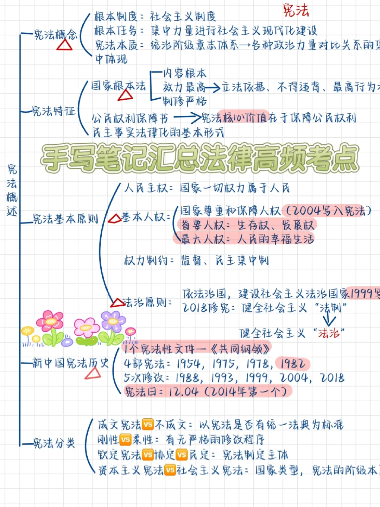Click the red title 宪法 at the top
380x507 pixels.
pyautogui.click(x=296, y=10)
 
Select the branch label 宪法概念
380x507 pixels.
pyautogui.click(x=55, y=35)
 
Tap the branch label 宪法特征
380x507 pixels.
pyautogui.click(x=53, y=111)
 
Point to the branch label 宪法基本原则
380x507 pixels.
pyautogui.click(x=65, y=219)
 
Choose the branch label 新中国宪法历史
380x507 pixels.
pyautogui.click(x=70, y=363)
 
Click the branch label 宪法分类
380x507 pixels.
pyautogui.click(x=54, y=443)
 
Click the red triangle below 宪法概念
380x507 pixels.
pyautogui.click(x=64, y=45)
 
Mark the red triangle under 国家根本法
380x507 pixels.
pyautogui.click(x=125, y=95)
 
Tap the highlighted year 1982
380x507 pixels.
pyautogui.click(x=292, y=364)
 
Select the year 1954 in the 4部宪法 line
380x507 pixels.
pyautogui.click(x=189, y=364)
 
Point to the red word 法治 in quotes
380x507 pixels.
pyautogui.click(x=329, y=333)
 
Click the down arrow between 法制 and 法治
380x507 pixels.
pyautogui.click(x=329, y=320)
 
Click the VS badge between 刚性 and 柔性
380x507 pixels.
pyautogui.click(x=126, y=439)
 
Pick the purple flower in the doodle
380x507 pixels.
pyautogui.click(x=113, y=321)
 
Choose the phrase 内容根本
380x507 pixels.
pyautogui.click(x=185, y=73)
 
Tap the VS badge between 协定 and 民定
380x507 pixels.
pyautogui.click(x=182, y=455)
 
